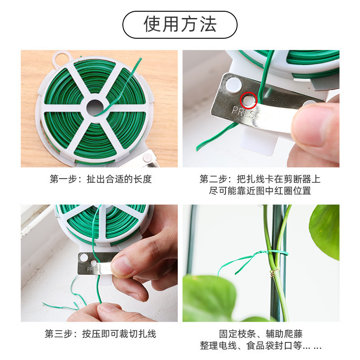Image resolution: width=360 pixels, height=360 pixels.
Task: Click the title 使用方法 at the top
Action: tap(180, 24)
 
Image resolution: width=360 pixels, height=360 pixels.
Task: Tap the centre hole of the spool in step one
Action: tap(95, 107)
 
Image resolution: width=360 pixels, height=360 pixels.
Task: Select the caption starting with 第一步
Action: tap(101, 179)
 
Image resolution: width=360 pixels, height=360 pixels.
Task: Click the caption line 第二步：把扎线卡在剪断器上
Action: tap(260, 179)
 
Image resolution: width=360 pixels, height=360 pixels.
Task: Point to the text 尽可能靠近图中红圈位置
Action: tap(260, 191)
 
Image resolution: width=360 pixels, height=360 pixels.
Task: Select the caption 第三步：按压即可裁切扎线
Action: tap(100, 334)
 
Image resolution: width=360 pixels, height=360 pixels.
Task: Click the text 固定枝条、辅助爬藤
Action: tap(261, 334)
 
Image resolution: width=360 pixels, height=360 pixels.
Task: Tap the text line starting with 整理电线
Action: tap(261, 346)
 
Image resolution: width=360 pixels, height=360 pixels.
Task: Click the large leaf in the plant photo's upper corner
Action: tap(325, 229)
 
